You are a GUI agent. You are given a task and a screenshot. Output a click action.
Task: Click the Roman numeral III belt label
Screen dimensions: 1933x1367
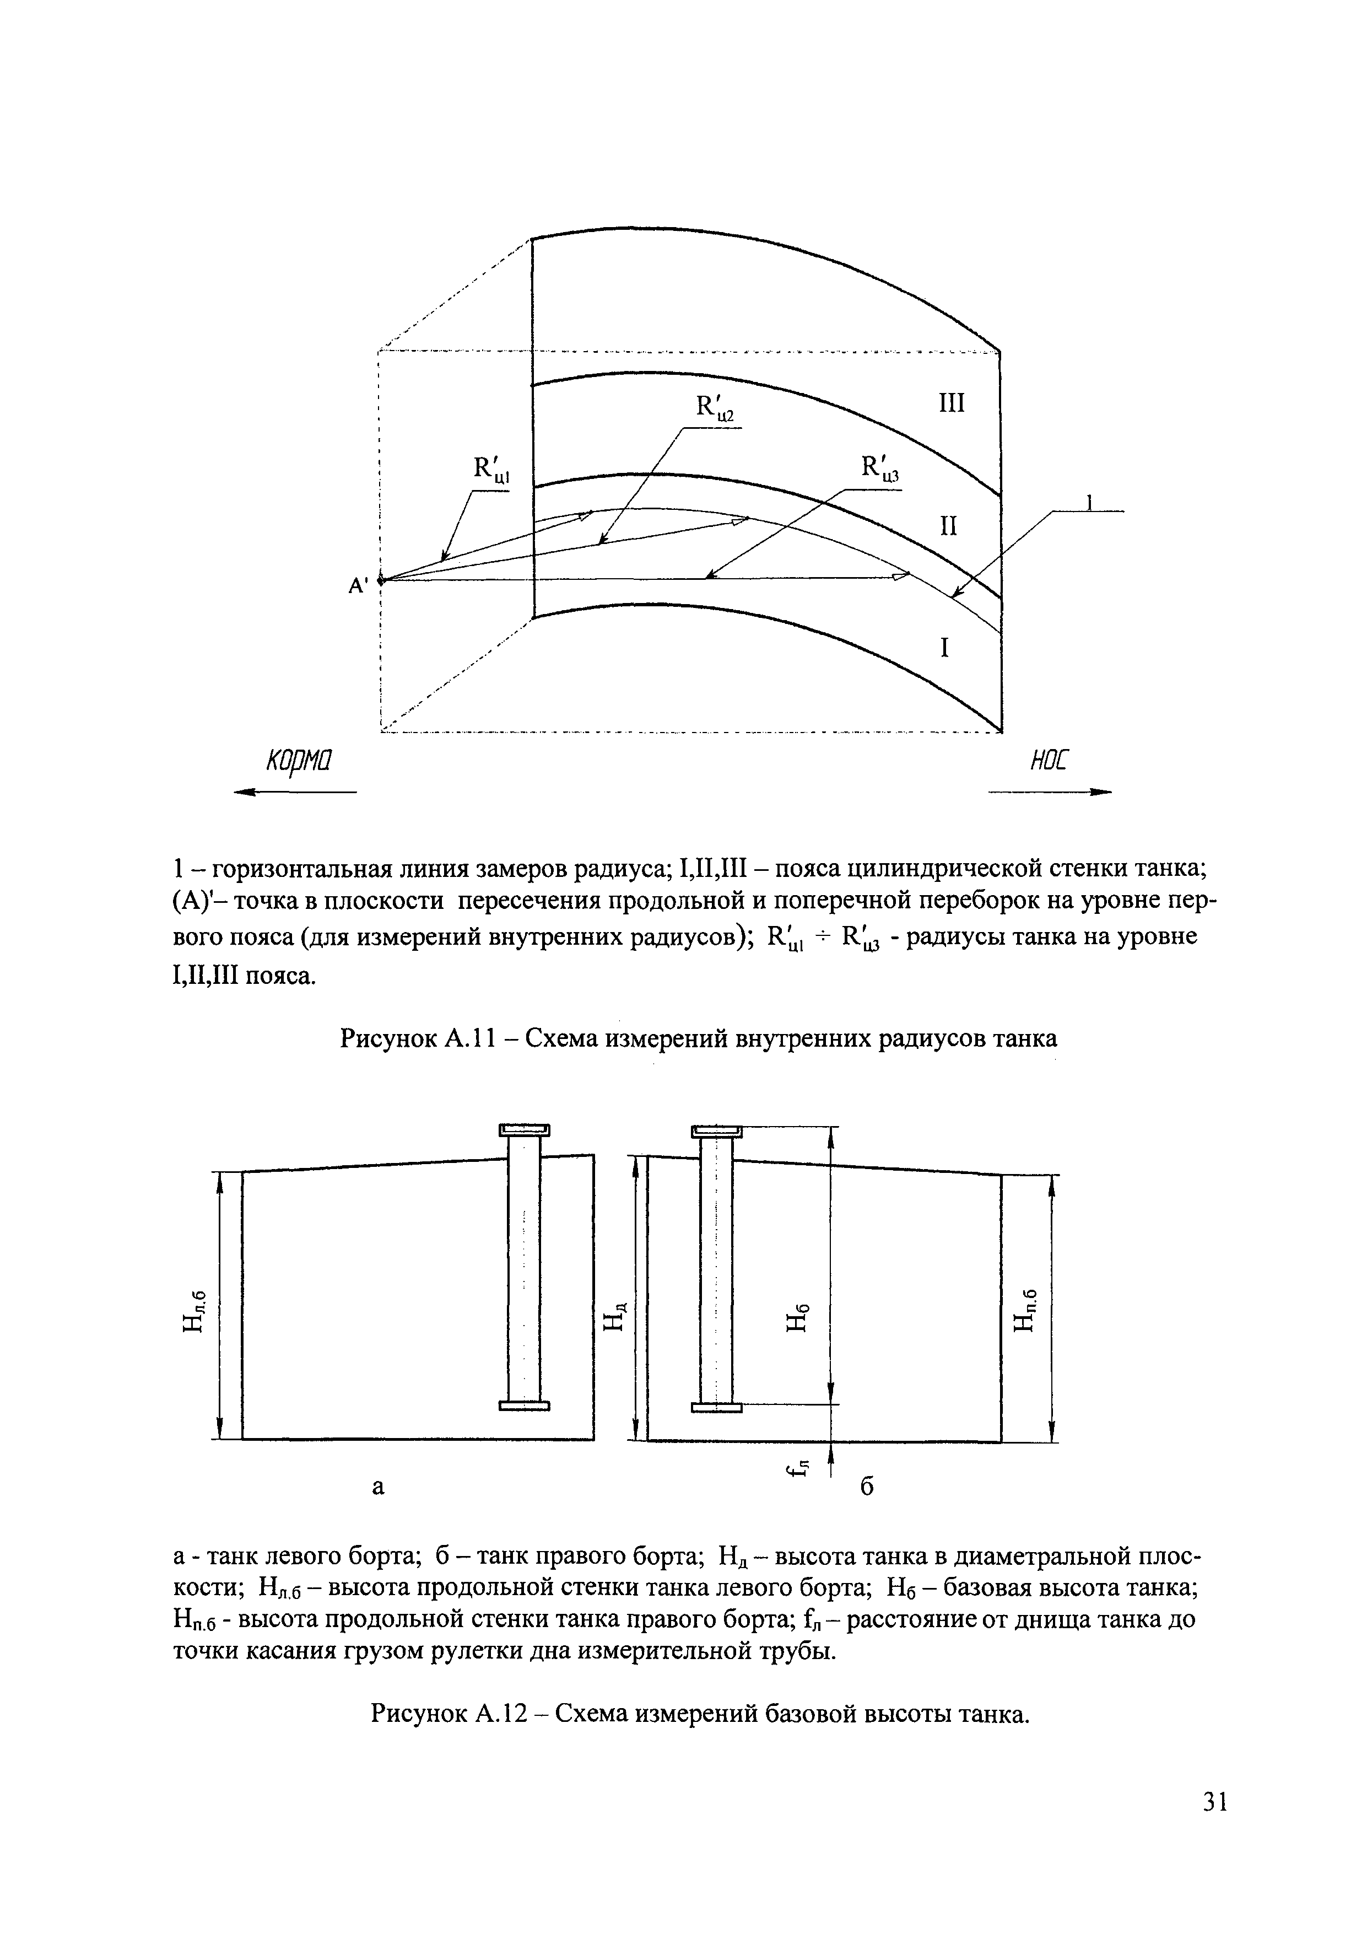(x=950, y=404)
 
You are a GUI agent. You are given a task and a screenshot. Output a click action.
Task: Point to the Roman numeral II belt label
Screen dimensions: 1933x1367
(x=949, y=526)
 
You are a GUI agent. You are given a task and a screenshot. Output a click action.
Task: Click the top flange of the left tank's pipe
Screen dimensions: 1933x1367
(x=525, y=1130)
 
